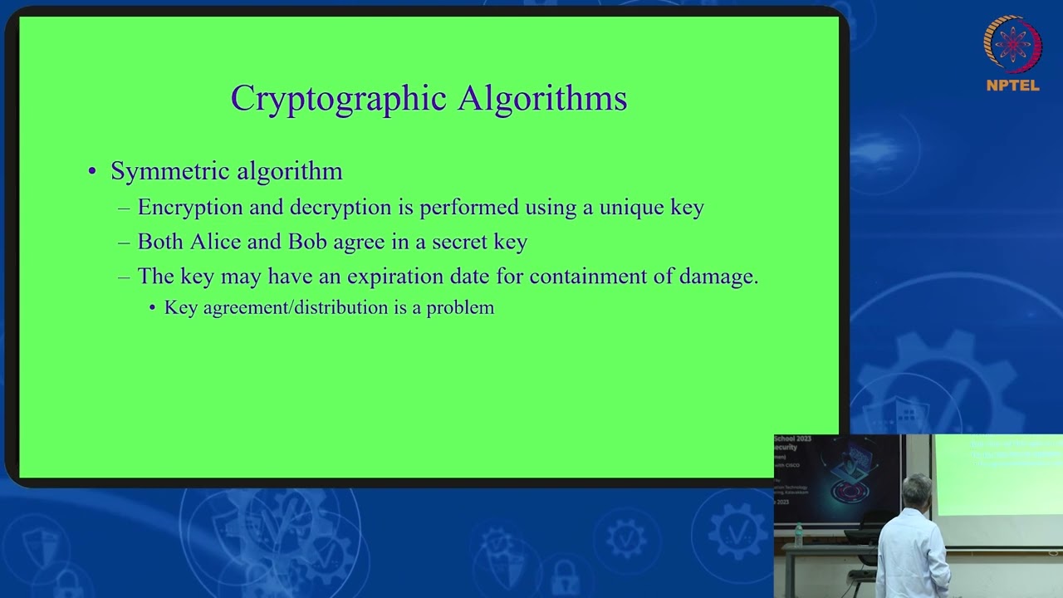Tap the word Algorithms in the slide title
541,99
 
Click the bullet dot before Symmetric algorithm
92,172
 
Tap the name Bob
307,242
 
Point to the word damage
718,276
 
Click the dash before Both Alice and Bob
124,243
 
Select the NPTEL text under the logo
1012,86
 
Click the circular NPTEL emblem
1012,43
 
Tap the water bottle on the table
799,534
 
